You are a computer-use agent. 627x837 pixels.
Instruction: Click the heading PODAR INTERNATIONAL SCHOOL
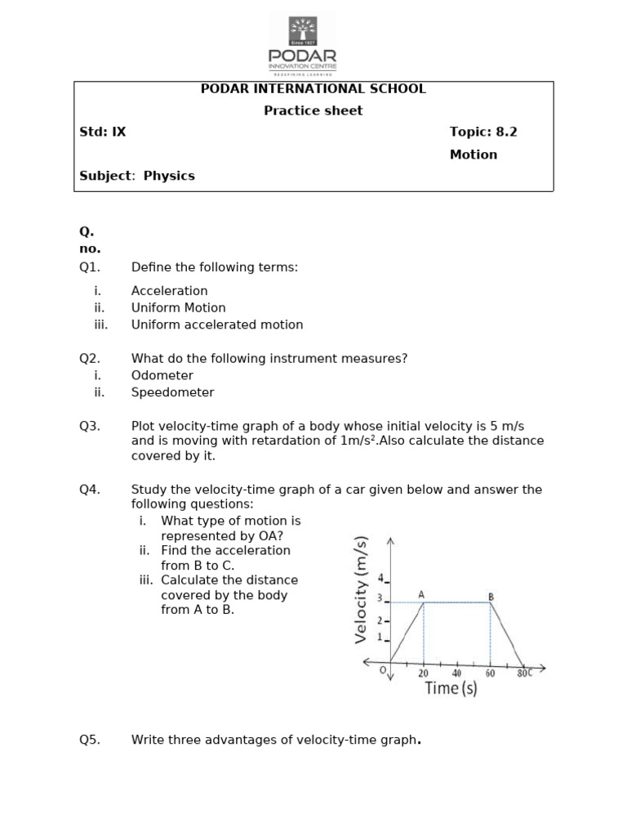[313, 89]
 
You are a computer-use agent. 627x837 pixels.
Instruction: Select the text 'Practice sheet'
[313, 111]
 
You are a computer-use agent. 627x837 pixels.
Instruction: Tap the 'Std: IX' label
[103, 132]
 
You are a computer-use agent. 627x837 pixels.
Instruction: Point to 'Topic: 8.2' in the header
[483, 132]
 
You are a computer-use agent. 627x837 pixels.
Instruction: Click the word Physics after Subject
[169, 176]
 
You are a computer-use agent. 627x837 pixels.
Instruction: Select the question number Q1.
[89, 267]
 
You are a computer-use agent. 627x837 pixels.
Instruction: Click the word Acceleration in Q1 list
[170, 291]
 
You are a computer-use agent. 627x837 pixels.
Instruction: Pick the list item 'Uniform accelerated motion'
[217, 325]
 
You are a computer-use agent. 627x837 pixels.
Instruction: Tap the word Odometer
[162, 375]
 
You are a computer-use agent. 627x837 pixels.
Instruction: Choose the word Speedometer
[173, 392]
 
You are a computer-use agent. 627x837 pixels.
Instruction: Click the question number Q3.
[89, 425]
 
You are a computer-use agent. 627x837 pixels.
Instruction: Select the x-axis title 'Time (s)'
[451, 688]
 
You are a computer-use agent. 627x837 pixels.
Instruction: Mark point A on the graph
[422, 597]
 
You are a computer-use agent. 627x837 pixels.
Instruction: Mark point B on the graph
[491, 597]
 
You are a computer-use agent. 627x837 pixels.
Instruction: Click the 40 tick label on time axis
[456, 674]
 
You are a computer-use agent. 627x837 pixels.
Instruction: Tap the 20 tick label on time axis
[423, 674]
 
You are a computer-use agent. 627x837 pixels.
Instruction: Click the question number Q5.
[89, 741]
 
